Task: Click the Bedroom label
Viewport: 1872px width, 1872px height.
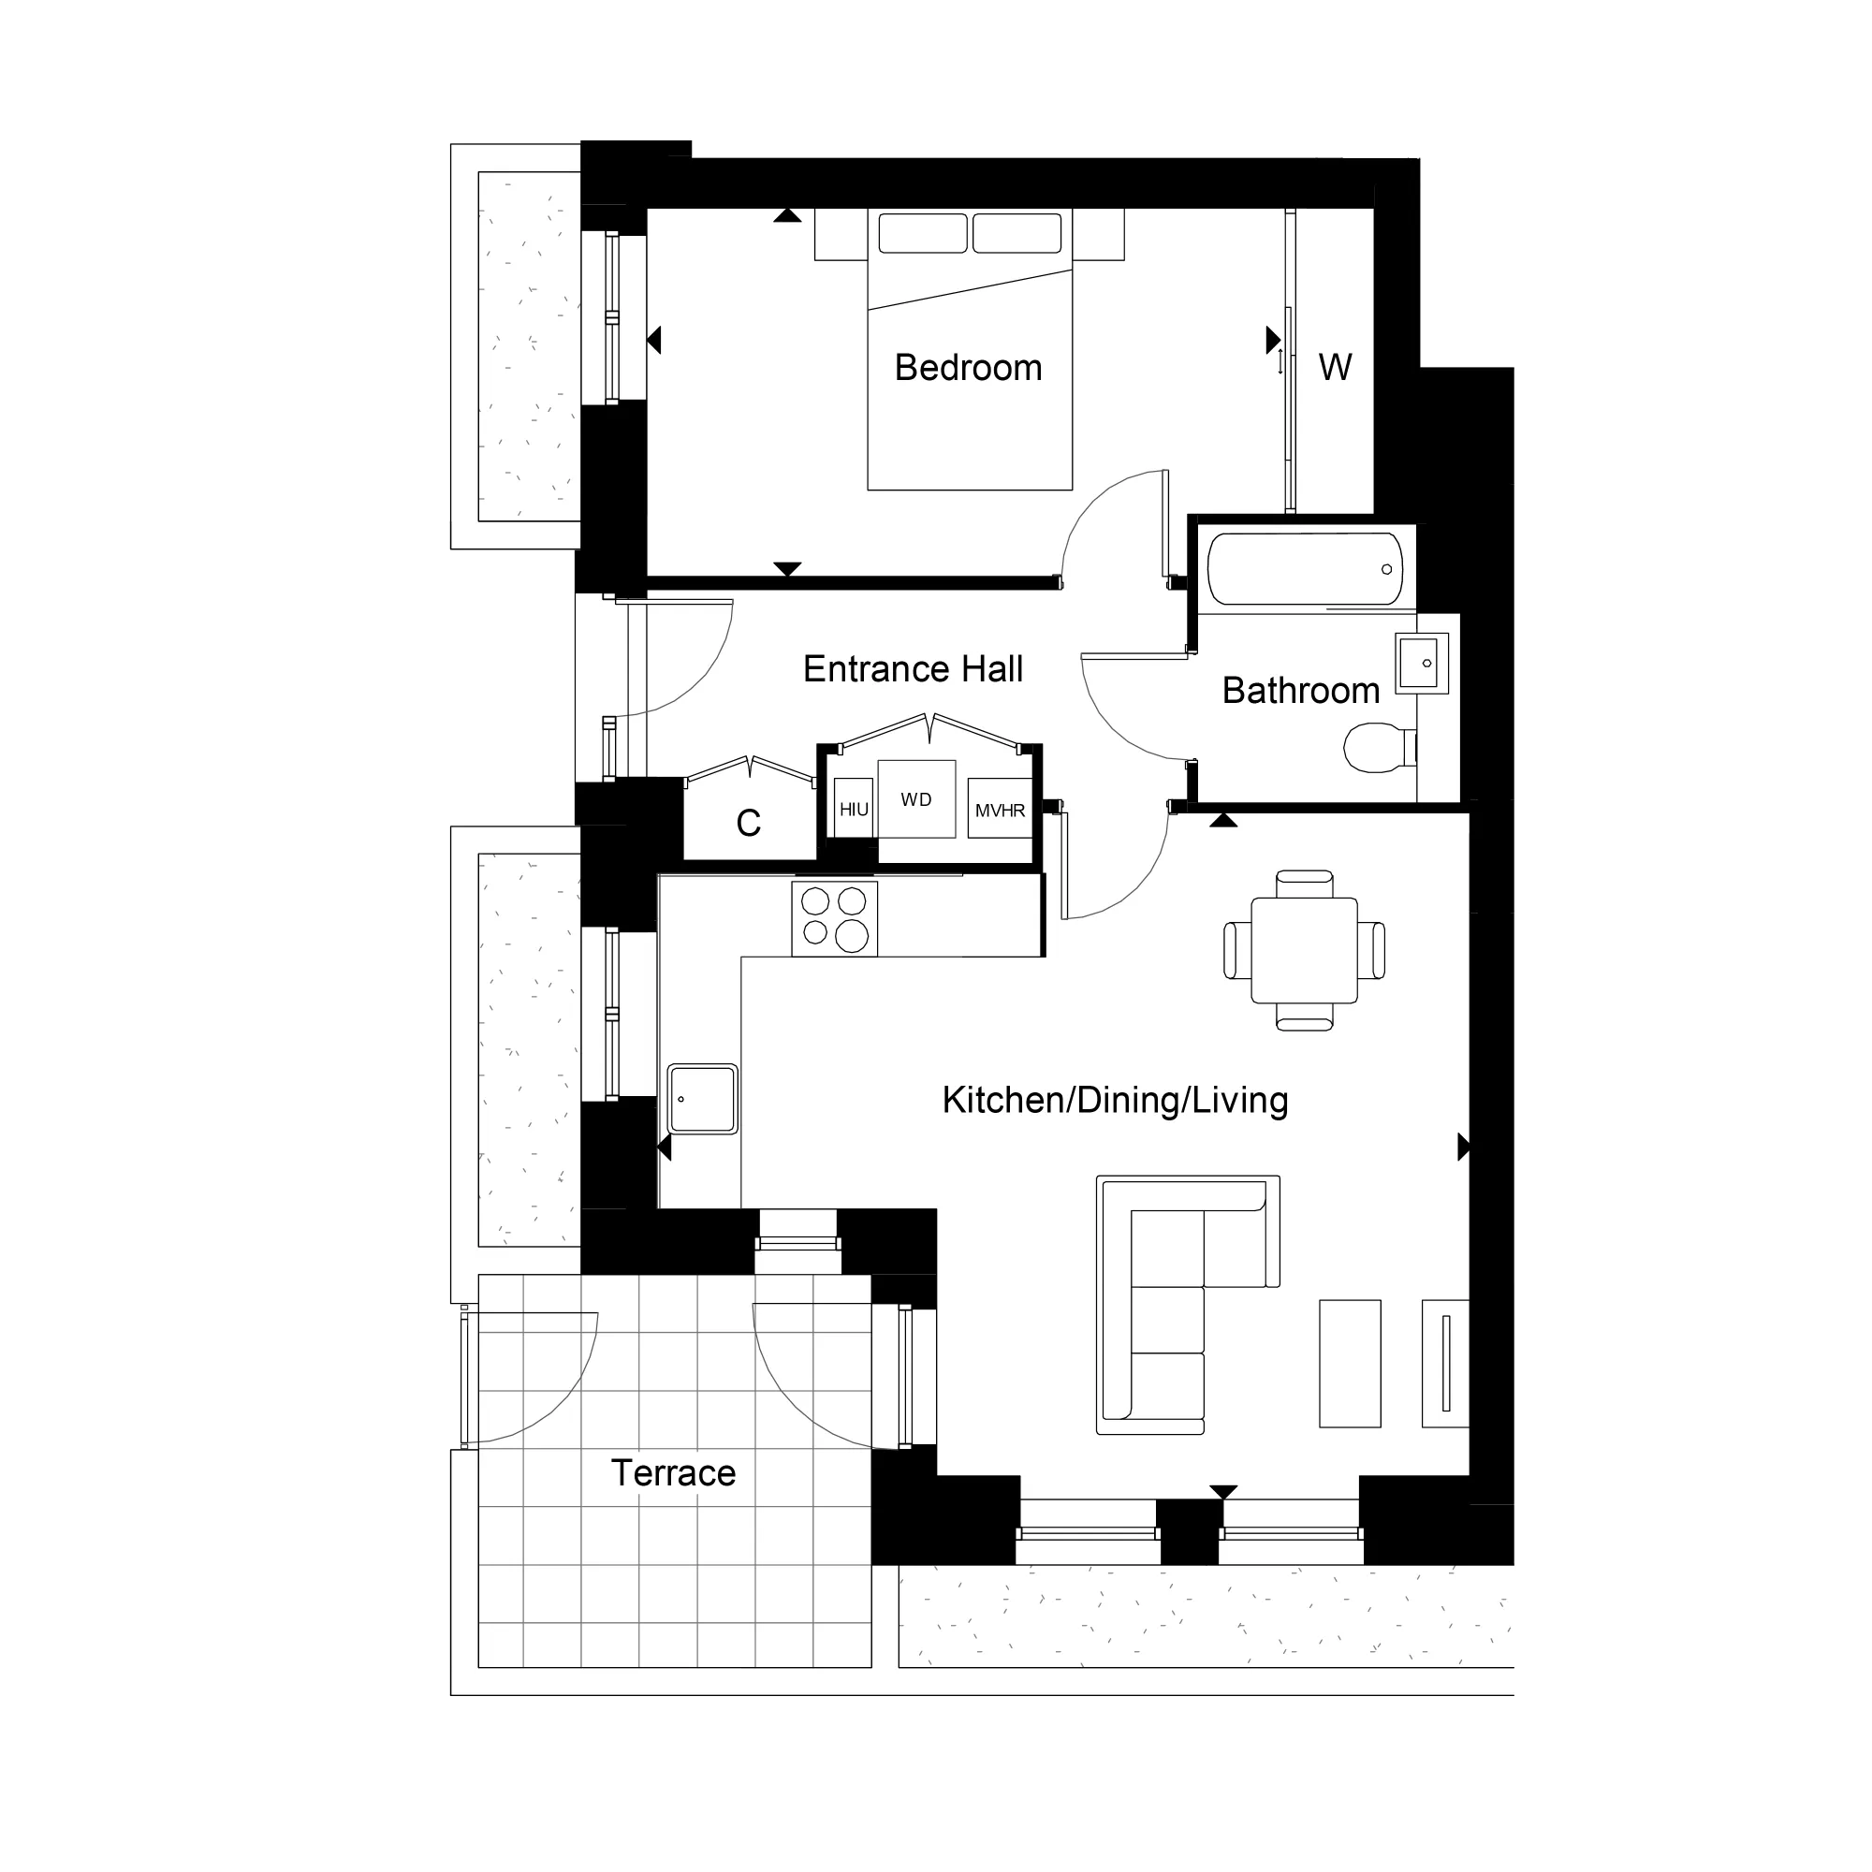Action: (968, 368)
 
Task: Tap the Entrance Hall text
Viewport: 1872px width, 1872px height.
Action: (913, 669)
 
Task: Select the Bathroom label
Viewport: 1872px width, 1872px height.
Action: (1300, 691)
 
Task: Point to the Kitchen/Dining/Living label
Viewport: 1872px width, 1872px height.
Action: (1114, 1101)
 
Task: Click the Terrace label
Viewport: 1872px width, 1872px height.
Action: (673, 1472)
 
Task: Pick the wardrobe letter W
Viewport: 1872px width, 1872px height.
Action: (1334, 367)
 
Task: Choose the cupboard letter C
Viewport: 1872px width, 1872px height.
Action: (748, 824)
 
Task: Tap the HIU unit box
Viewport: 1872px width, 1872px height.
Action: (854, 809)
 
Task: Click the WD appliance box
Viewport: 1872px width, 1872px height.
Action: (915, 799)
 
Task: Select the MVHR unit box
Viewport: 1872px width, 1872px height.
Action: (1000, 809)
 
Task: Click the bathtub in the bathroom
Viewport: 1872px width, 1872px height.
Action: (1304, 569)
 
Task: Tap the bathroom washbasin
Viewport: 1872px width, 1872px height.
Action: (1420, 663)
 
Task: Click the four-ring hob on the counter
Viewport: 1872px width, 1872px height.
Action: (834, 917)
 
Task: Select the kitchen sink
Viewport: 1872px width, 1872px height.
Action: (703, 1099)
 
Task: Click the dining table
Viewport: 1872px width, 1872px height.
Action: (1303, 949)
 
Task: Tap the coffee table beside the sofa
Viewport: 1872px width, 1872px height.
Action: (1350, 1364)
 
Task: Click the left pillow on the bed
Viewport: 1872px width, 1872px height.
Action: (923, 233)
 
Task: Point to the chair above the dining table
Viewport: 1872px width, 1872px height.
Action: (1304, 884)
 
